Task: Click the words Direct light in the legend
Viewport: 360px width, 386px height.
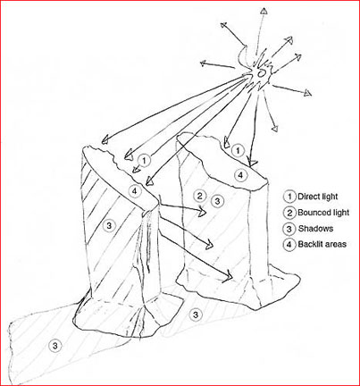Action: [318, 197]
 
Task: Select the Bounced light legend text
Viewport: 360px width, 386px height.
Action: [323, 213]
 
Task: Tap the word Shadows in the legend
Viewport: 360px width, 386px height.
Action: [315, 229]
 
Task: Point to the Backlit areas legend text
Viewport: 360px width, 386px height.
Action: [322, 244]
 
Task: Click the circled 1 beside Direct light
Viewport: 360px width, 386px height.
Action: [289, 197]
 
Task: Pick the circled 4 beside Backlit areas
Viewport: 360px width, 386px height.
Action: [289, 245]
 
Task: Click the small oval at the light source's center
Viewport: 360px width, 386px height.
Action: [261, 73]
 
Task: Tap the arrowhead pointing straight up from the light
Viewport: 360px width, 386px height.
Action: [264, 11]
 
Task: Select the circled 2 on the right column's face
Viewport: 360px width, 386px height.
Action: [199, 196]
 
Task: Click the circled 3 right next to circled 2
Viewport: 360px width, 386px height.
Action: [217, 201]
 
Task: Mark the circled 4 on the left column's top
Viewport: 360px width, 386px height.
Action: [135, 191]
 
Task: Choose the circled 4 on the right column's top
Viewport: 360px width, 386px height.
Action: [240, 175]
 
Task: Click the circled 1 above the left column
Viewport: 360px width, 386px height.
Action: [144, 161]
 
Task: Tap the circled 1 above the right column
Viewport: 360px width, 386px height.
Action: [238, 151]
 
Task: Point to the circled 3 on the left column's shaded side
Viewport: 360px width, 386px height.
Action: [109, 225]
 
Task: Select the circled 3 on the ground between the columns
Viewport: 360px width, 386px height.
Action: [196, 315]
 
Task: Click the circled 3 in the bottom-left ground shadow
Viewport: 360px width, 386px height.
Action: [54, 346]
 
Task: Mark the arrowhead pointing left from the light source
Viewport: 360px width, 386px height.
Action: [203, 63]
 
